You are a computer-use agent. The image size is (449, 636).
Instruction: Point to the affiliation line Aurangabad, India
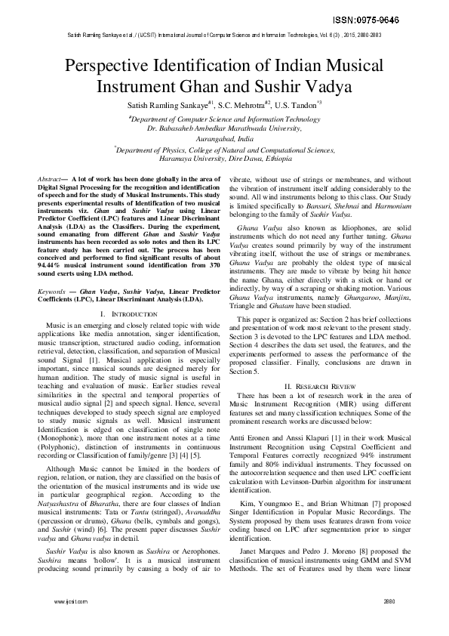pyautogui.click(x=224, y=139)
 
